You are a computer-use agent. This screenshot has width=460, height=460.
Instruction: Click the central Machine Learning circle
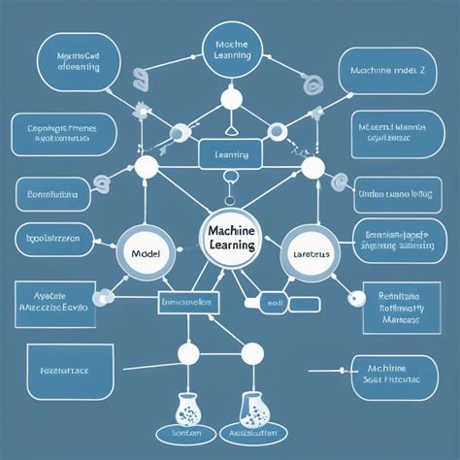tap(230, 238)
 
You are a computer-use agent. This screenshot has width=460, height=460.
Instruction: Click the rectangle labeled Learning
tap(230, 153)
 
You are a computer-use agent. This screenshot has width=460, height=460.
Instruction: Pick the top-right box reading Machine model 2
tap(387, 70)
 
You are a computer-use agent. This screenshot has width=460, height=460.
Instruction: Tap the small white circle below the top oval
tap(230, 98)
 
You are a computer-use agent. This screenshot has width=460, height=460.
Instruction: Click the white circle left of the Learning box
tap(146, 168)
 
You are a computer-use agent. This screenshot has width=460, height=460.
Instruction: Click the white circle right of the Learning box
tap(312, 168)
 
